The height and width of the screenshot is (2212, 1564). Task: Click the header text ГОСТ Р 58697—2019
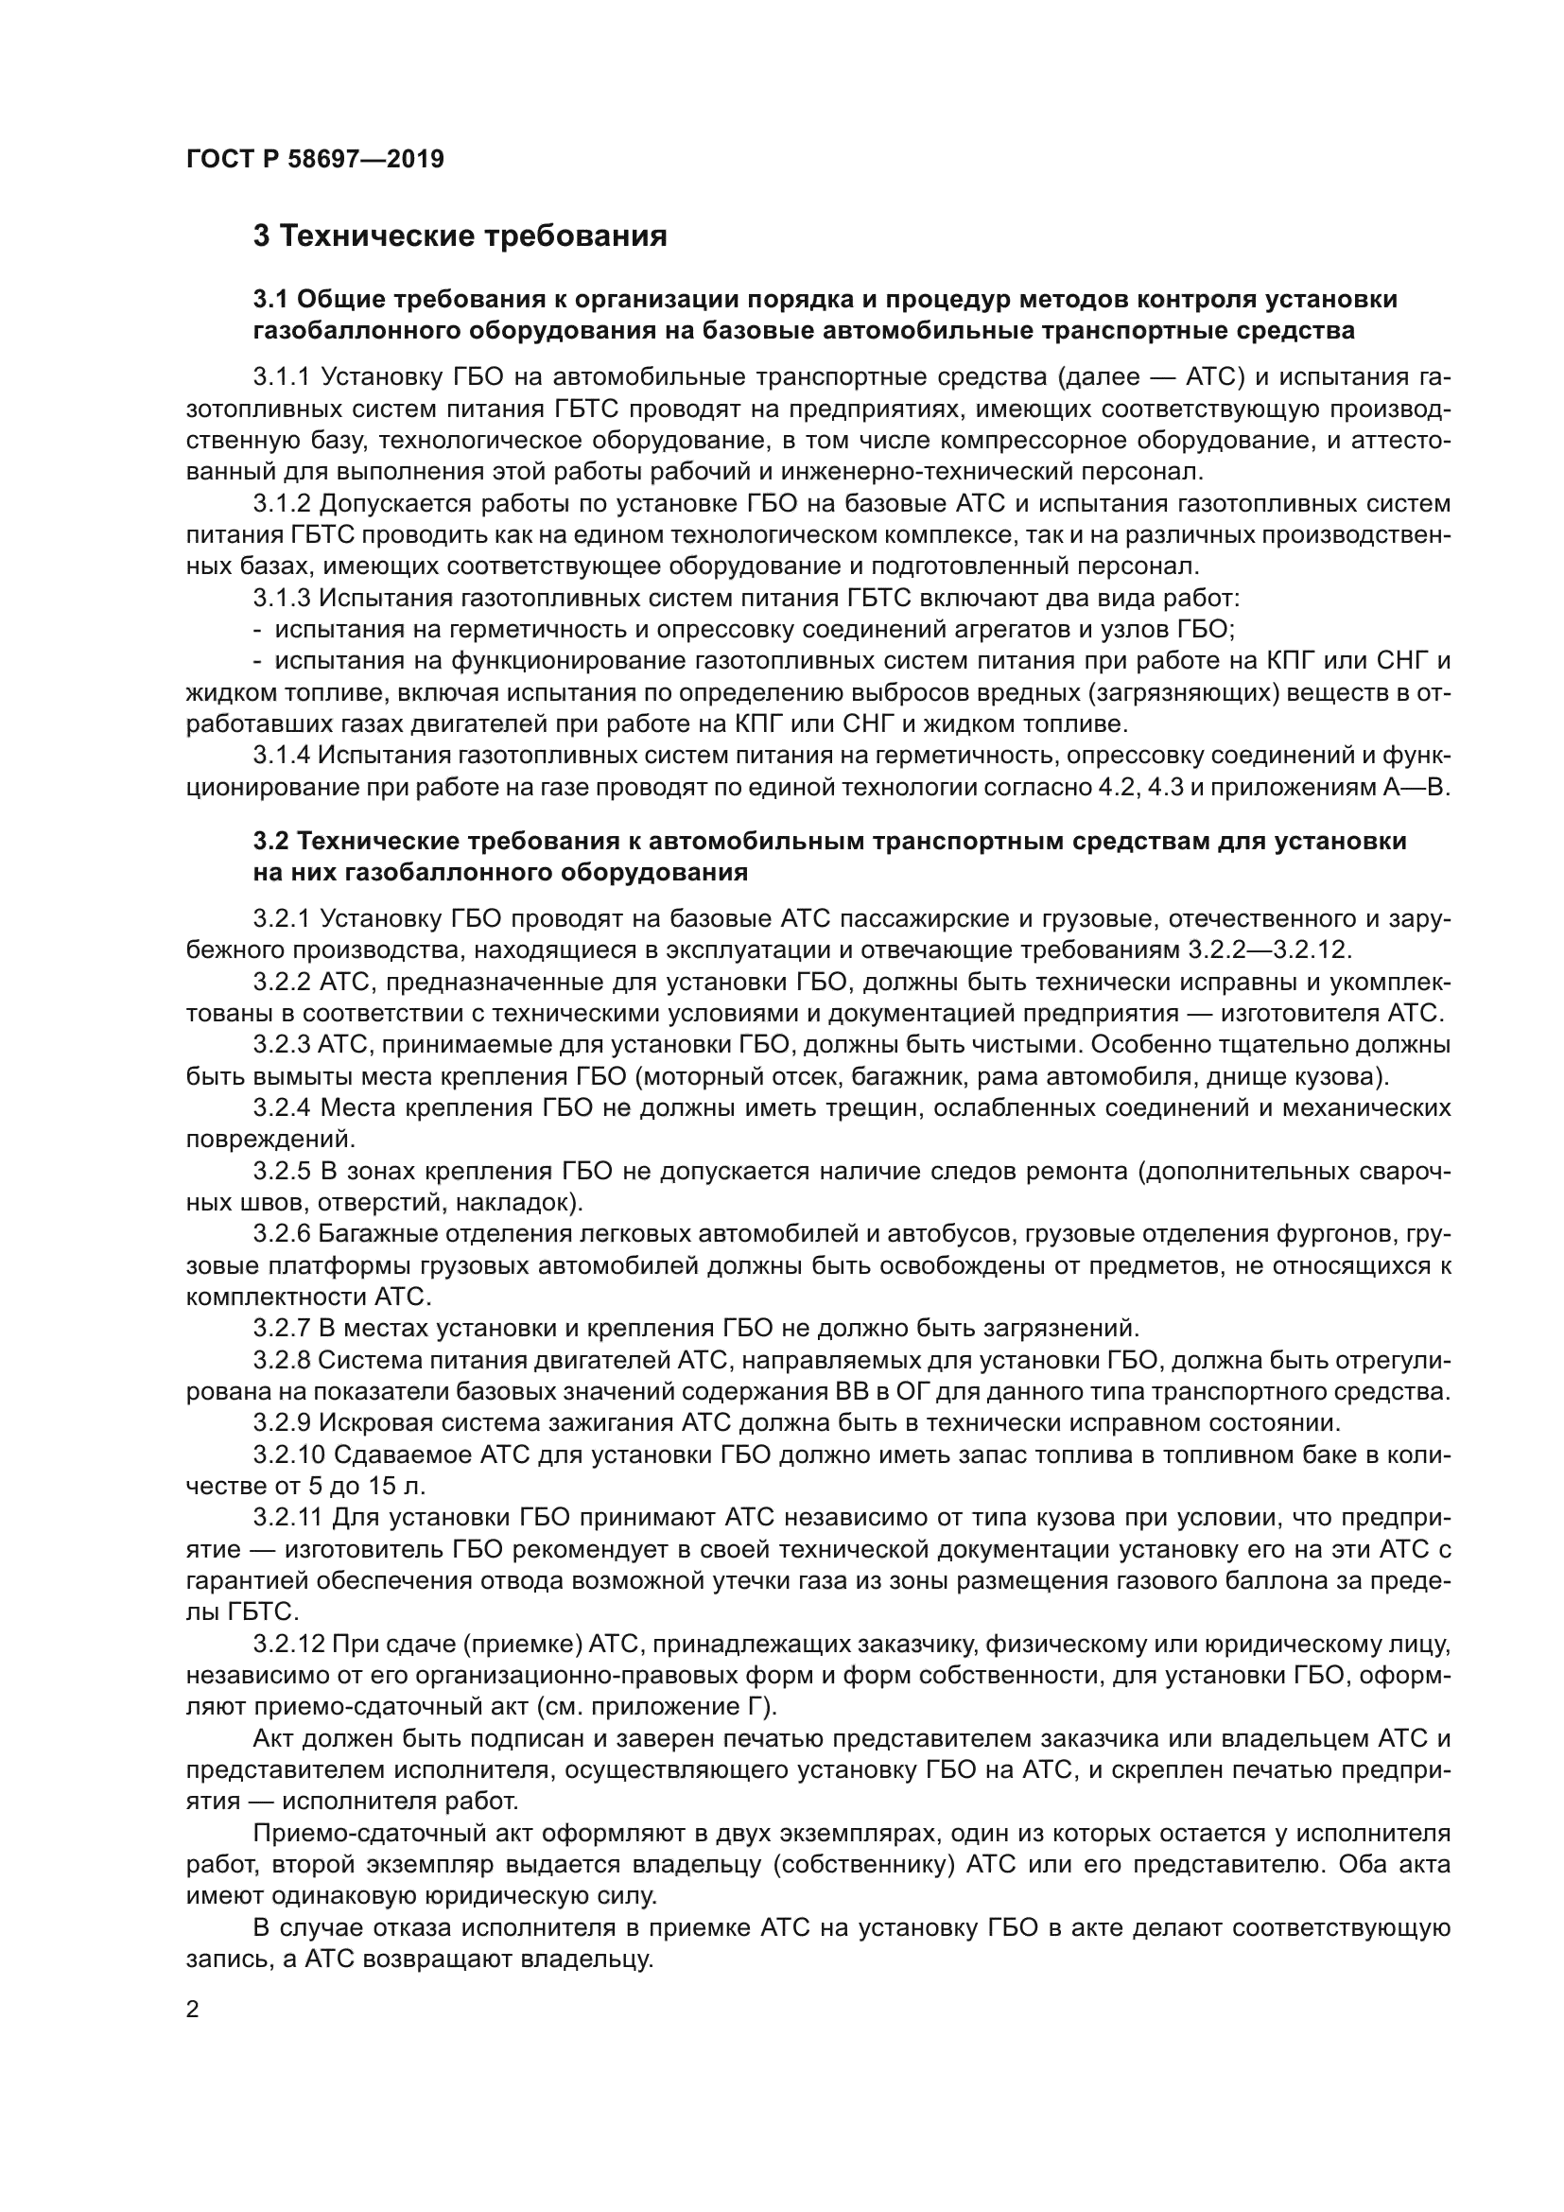coord(315,160)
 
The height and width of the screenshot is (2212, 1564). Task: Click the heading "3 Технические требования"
coord(460,237)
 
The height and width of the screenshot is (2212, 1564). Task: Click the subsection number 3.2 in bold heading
coord(270,841)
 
